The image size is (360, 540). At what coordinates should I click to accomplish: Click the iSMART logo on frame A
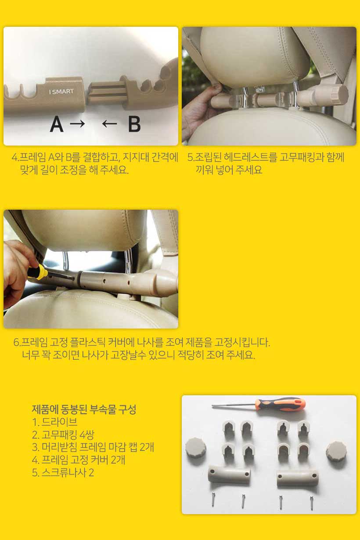click(x=61, y=92)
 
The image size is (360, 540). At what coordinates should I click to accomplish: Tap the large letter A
click(x=57, y=124)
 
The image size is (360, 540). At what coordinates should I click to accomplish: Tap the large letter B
click(x=134, y=124)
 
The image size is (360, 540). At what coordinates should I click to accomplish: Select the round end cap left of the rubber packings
click(x=196, y=447)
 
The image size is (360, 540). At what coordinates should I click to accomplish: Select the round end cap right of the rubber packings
click(x=336, y=451)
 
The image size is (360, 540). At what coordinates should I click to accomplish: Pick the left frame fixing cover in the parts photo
click(x=229, y=475)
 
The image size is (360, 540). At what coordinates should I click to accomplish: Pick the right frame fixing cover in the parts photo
click(x=297, y=478)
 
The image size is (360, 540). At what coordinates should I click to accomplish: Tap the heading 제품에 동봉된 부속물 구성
click(x=84, y=410)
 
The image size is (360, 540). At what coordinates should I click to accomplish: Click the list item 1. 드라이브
click(x=55, y=422)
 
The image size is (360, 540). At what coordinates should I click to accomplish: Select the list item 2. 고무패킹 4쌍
click(x=63, y=435)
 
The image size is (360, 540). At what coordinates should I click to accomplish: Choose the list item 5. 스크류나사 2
click(x=63, y=473)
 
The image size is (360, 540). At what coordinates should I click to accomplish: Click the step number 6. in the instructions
click(x=17, y=342)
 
